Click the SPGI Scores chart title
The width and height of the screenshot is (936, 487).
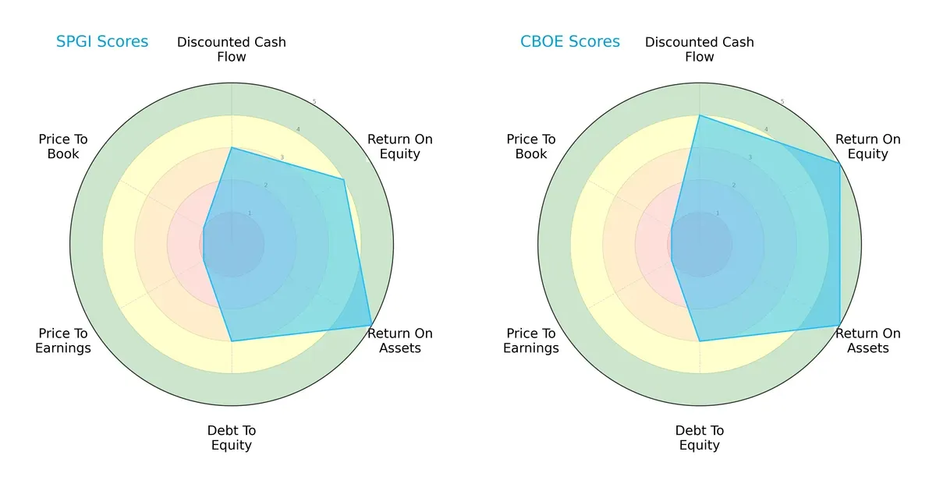(102, 42)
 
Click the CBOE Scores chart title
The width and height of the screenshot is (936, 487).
(570, 42)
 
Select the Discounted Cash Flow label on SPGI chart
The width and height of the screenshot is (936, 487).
(232, 49)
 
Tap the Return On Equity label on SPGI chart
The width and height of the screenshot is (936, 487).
(400, 146)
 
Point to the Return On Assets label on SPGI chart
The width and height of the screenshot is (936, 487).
(400, 341)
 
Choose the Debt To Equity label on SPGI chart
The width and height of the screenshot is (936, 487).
(232, 438)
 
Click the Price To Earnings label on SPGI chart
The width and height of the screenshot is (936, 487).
(63, 341)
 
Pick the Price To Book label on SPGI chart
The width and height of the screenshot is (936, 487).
(63, 146)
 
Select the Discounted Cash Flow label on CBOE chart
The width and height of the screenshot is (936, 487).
(700, 49)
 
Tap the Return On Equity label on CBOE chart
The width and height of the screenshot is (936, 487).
(868, 146)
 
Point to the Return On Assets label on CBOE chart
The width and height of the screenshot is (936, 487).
(868, 341)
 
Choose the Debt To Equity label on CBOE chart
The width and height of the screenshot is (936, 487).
(700, 438)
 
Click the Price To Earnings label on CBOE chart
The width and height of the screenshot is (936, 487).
(531, 341)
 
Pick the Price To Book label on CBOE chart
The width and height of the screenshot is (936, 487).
(531, 146)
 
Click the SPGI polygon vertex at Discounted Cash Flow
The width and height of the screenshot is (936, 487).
(232, 147)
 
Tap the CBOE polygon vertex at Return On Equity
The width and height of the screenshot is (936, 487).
(839, 163)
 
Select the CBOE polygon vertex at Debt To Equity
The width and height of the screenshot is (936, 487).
(700, 341)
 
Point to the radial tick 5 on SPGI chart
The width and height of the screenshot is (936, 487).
(314, 102)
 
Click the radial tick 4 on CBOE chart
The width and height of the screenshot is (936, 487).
(766, 130)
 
